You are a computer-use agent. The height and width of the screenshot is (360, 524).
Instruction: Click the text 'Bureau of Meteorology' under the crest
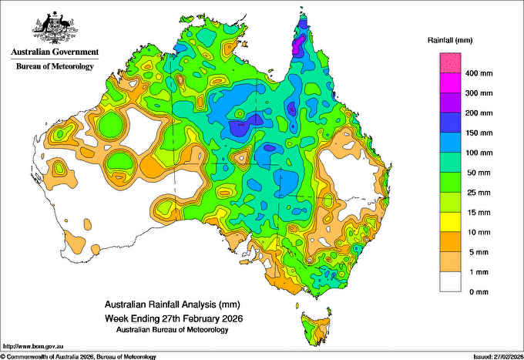[54, 67]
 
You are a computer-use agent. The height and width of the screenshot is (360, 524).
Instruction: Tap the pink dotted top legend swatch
[449, 62]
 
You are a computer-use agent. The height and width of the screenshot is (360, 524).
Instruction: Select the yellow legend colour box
[449, 222]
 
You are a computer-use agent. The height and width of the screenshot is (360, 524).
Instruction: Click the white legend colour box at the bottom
[449, 282]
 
